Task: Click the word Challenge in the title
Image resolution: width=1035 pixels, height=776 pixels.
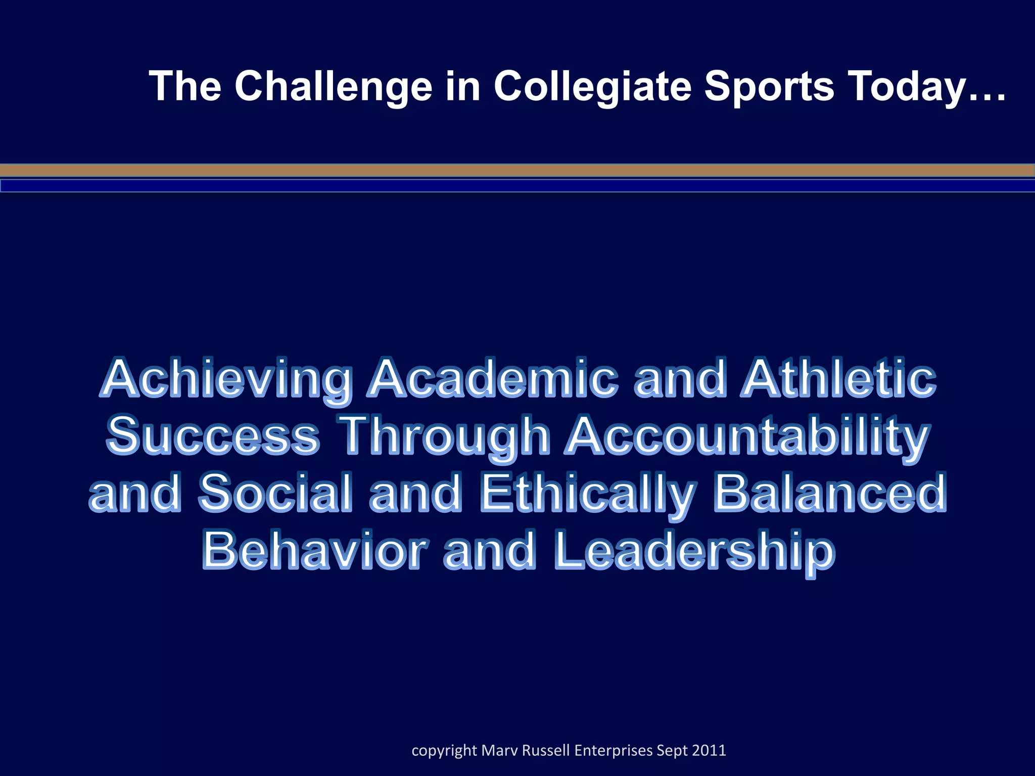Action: pyautogui.click(x=334, y=86)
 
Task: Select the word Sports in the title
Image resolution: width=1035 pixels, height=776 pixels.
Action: pyautogui.click(x=769, y=86)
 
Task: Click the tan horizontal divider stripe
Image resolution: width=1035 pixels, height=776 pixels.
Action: pyautogui.click(x=517, y=171)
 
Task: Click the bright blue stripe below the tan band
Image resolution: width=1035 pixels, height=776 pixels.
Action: pyautogui.click(x=517, y=186)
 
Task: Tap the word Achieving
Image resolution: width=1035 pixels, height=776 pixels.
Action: pyautogui.click(x=227, y=379)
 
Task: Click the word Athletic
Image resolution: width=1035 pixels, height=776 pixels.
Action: pyautogui.click(x=839, y=379)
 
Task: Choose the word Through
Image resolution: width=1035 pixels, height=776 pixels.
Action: pyautogui.click(x=445, y=435)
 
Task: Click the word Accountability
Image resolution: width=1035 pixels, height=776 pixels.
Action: pyautogui.click(x=747, y=435)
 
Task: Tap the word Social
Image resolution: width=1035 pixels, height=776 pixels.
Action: pyautogui.click(x=275, y=493)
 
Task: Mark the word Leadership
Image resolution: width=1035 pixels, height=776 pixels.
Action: pyautogui.click(x=694, y=551)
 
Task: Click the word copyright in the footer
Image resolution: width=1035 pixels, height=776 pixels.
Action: pyautogui.click(x=444, y=750)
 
